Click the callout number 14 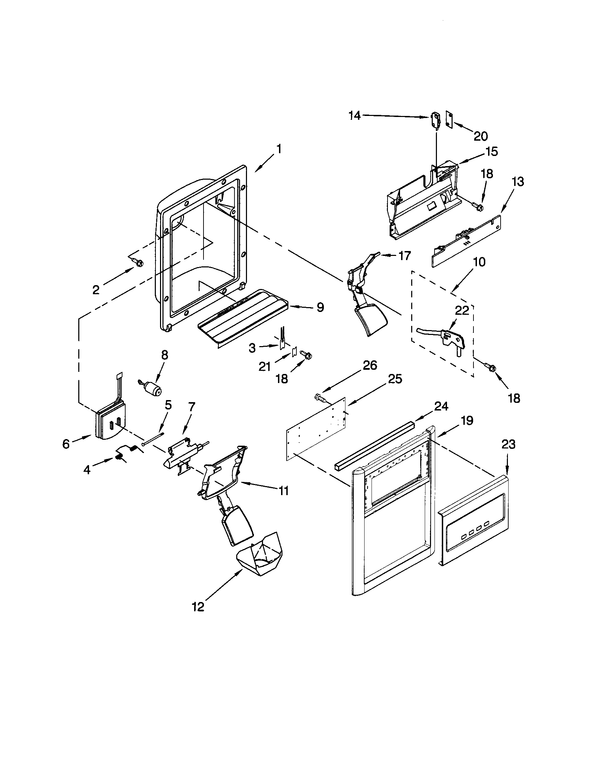click(354, 115)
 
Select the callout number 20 click(480, 136)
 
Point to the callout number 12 click(198, 607)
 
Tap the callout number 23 click(508, 444)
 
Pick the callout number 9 click(320, 307)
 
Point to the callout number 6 click(66, 444)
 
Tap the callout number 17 click(404, 256)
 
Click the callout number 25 click(395, 379)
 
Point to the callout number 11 click(283, 491)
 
